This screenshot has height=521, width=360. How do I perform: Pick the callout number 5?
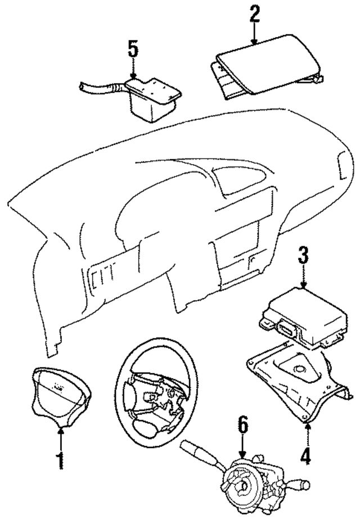tap(133, 49)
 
